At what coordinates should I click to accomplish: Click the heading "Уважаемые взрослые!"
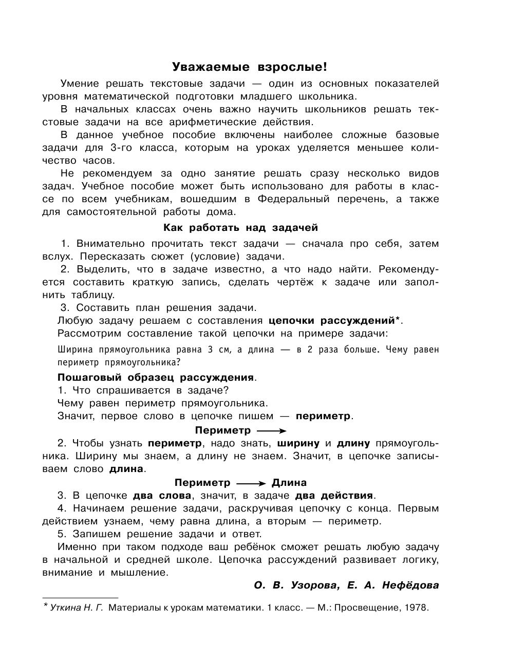249,67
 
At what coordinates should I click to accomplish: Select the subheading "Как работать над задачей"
240,227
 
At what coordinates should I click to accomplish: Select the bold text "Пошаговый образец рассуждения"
156,378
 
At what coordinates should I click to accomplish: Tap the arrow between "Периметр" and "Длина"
251,483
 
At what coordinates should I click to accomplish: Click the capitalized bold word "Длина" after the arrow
289,483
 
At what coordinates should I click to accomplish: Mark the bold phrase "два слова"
162,496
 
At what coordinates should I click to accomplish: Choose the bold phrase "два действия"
334,496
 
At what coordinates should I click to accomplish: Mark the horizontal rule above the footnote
80,598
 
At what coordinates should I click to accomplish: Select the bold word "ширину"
298,443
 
